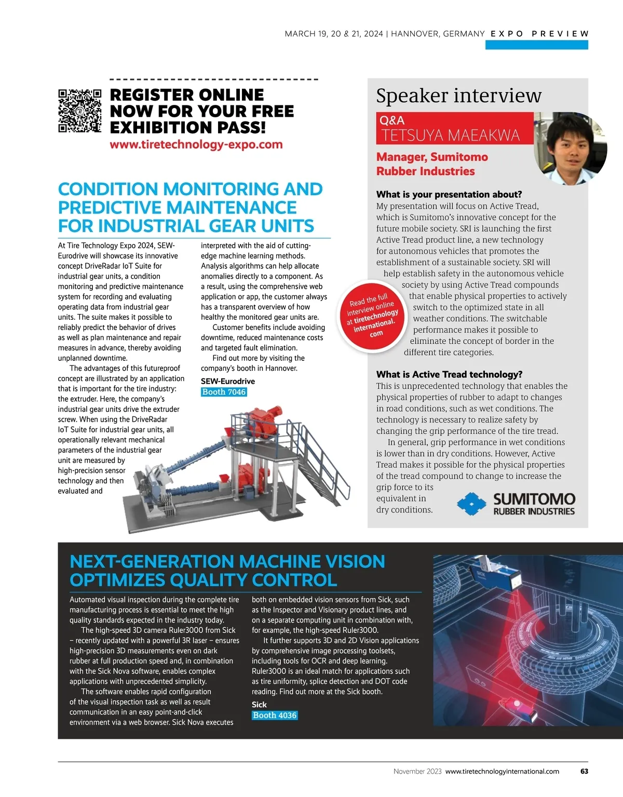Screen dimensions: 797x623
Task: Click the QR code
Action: [x=79, y=110]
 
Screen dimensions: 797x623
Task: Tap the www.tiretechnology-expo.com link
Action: [x=196, y=144]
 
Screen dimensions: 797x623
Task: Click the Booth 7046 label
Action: [x=224, y=392]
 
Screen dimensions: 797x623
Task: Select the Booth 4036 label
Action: [x=275, y=715]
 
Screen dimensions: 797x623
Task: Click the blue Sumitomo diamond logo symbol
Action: [x=471, y=504]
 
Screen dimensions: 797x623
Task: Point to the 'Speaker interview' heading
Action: [x=458, y=96]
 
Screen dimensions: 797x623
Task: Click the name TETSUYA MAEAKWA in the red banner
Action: [x=450, y=136]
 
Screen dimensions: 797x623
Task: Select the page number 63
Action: [x=584, y=772]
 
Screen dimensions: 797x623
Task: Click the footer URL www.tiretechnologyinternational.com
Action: [x=502, y=772]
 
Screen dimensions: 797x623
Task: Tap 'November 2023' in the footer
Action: [x=417, y=772]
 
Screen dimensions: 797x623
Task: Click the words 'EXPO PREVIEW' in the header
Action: [x=539, y=34]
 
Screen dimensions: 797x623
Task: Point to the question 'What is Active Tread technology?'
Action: [x=449, y=374]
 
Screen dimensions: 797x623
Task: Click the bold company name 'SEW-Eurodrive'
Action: [x=228, y=381]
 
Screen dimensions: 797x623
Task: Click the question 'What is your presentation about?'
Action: [x=449, y=194]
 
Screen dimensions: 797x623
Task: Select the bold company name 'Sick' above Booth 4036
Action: [x=259, y=705]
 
